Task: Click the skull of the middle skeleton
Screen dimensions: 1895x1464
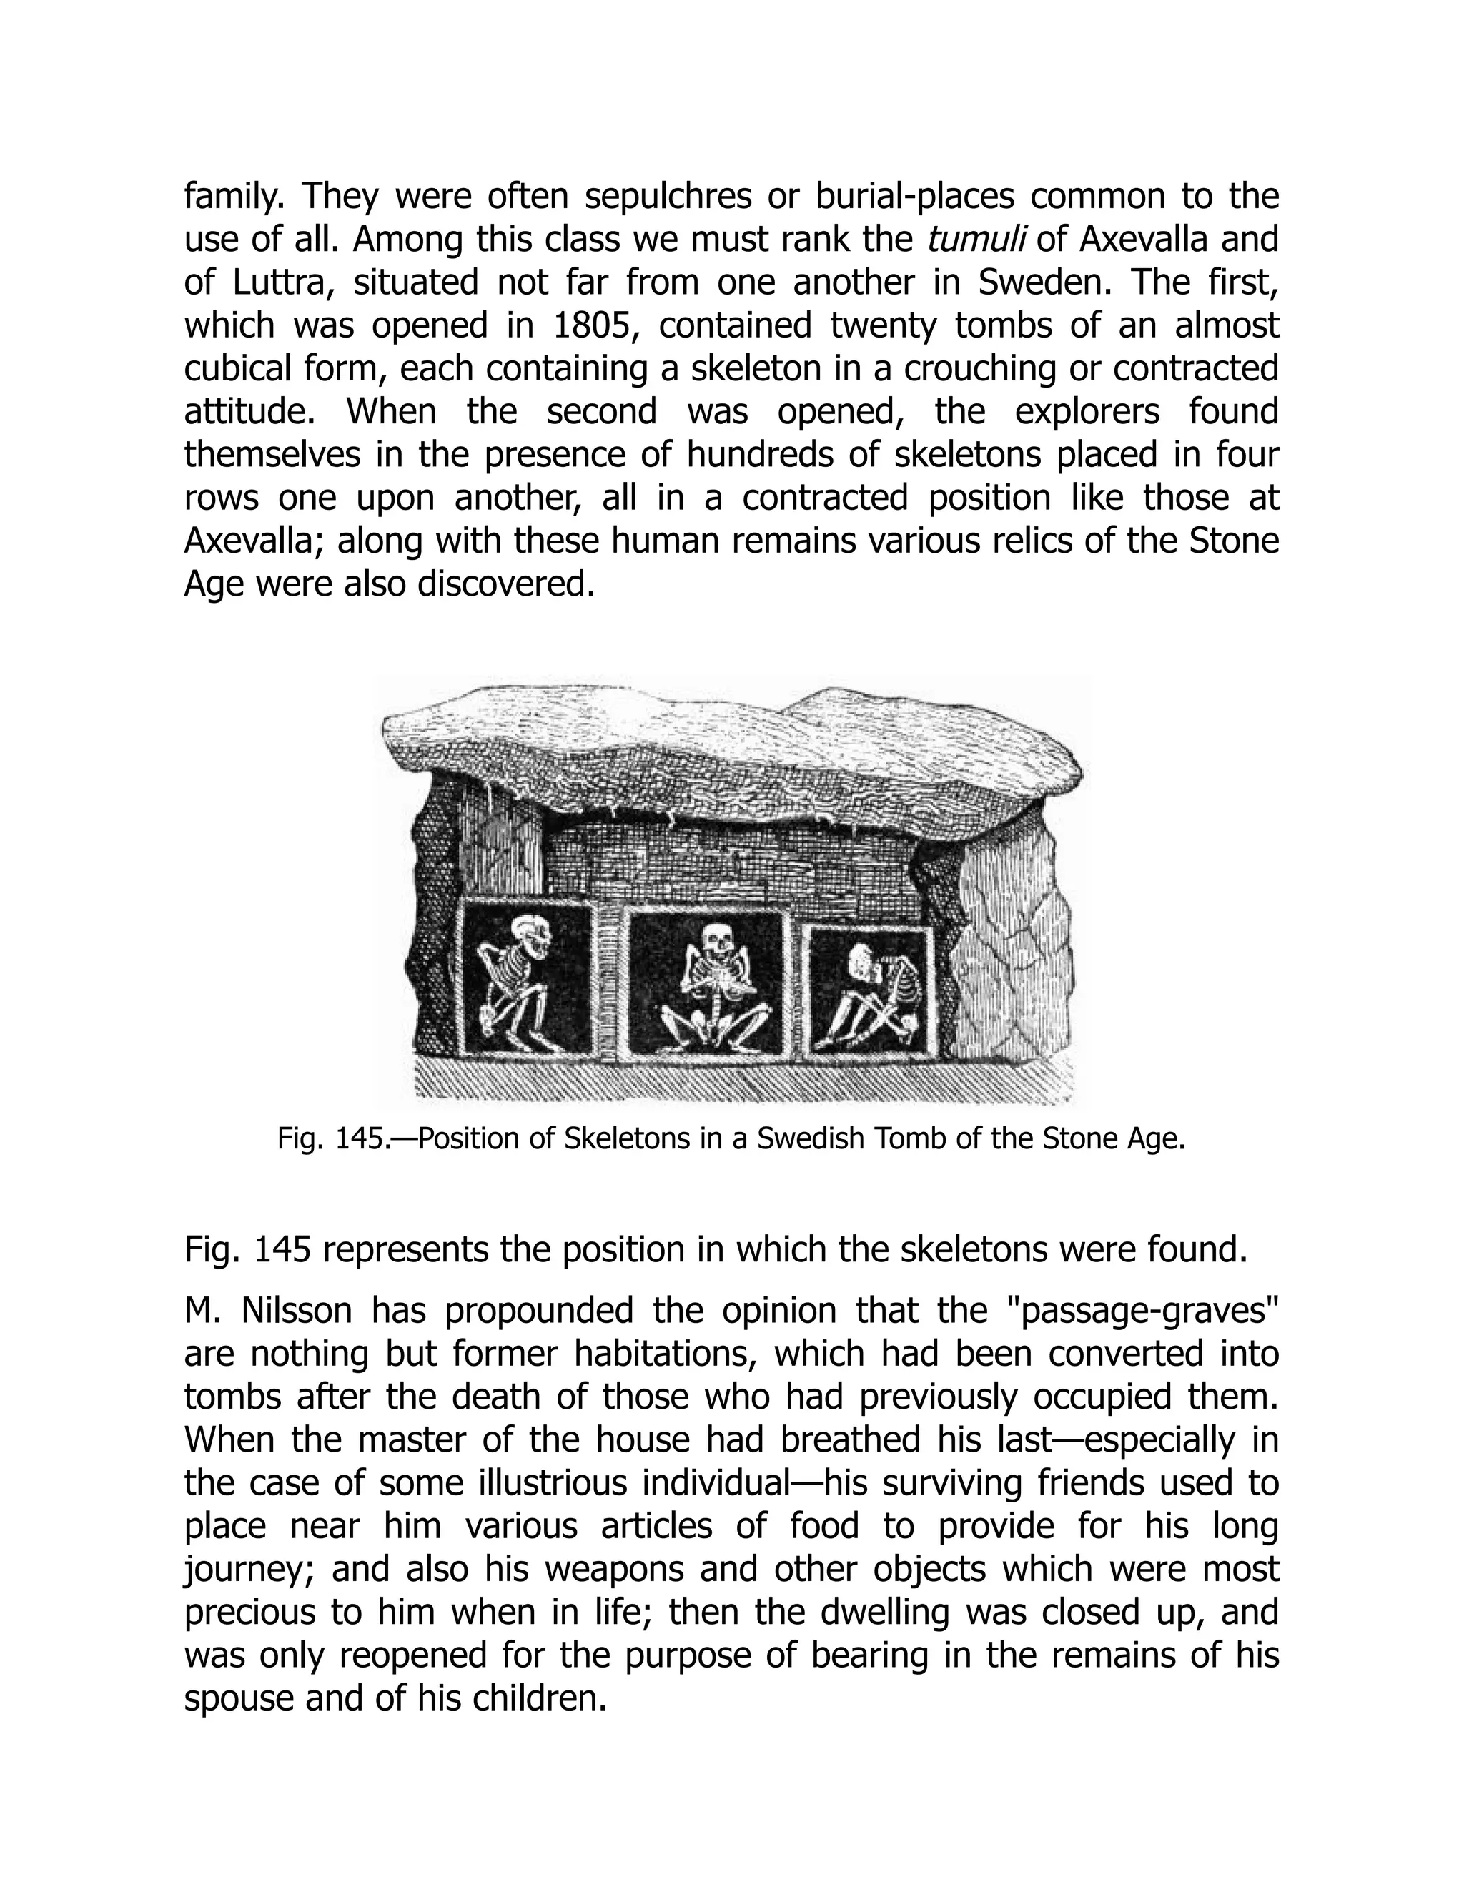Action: [x=716, y=940]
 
